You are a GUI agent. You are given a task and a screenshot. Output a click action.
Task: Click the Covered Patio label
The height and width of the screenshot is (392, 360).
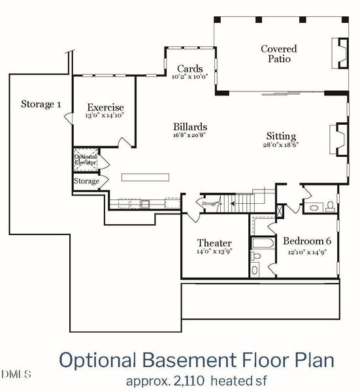click(x=278, y=54)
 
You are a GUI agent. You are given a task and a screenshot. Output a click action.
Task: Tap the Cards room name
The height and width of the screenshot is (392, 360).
click(x=189, y=69)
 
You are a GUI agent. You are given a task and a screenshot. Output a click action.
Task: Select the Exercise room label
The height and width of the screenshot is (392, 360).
click(x=105, y=108)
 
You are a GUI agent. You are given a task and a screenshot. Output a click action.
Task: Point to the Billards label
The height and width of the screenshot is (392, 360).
click(x=191, y=127)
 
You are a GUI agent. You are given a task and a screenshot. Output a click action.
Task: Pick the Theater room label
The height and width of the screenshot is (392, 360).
click(x=214, y=243)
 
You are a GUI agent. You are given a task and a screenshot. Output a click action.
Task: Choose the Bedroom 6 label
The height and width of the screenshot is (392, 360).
click(x=307, y=240)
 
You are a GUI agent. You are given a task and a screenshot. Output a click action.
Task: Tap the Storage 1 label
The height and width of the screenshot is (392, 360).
click(x=41, y=104)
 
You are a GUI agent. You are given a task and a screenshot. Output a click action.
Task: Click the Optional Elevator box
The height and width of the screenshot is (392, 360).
click(x=85, y=159)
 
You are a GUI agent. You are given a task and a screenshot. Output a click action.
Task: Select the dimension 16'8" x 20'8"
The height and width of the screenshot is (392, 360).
click(x=191, y=135)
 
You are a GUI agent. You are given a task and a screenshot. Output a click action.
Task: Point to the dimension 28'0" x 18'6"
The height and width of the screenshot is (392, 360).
click(x=280, y=145)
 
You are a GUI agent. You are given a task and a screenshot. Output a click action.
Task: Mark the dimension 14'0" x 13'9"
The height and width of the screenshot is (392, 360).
click(x=214, y=252)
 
